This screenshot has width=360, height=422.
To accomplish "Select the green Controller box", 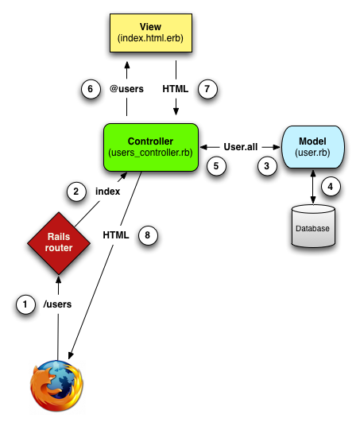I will click(x=150, y=146).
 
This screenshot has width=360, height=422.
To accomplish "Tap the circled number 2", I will click(x=75, y=192).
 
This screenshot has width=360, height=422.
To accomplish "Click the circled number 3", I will click(x=268, y=165).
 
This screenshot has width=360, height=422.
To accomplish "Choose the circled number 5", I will click(x=212, y=165).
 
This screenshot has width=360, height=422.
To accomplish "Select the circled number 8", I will click(x=148, y=234).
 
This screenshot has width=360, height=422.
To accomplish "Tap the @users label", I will click(x=126, y=89).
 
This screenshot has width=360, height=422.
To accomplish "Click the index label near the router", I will click(x=107, y=192).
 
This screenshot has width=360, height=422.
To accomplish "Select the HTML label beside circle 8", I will click(x=116, y=234).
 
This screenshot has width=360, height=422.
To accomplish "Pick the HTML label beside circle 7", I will click(x=175, y=89).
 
